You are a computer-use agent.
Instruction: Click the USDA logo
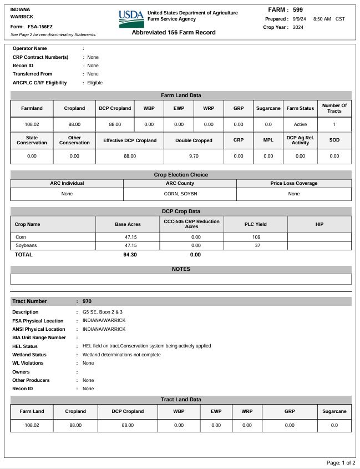point(131,19)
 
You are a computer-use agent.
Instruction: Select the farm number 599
point(298,10)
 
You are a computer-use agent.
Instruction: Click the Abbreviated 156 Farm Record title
point(174,32)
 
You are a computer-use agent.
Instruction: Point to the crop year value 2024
point(298,27)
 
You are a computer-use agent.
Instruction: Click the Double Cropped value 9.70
point(194,157)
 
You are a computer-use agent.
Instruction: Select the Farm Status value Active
point(300,124)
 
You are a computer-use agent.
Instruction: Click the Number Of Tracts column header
point(334,108)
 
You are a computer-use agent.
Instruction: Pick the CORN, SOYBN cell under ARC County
point(180,194)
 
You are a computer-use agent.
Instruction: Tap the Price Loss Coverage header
point(294,183)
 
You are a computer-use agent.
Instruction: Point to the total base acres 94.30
point(130,255)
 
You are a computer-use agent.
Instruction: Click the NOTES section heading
point(181,269)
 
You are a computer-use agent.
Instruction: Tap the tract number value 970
point(87,301)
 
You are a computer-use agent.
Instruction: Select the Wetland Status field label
point(29,355)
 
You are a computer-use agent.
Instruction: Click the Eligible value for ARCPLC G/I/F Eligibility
point(95,83)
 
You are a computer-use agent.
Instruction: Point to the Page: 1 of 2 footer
point(341,463)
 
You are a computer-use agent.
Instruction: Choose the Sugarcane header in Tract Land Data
point(334,411)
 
